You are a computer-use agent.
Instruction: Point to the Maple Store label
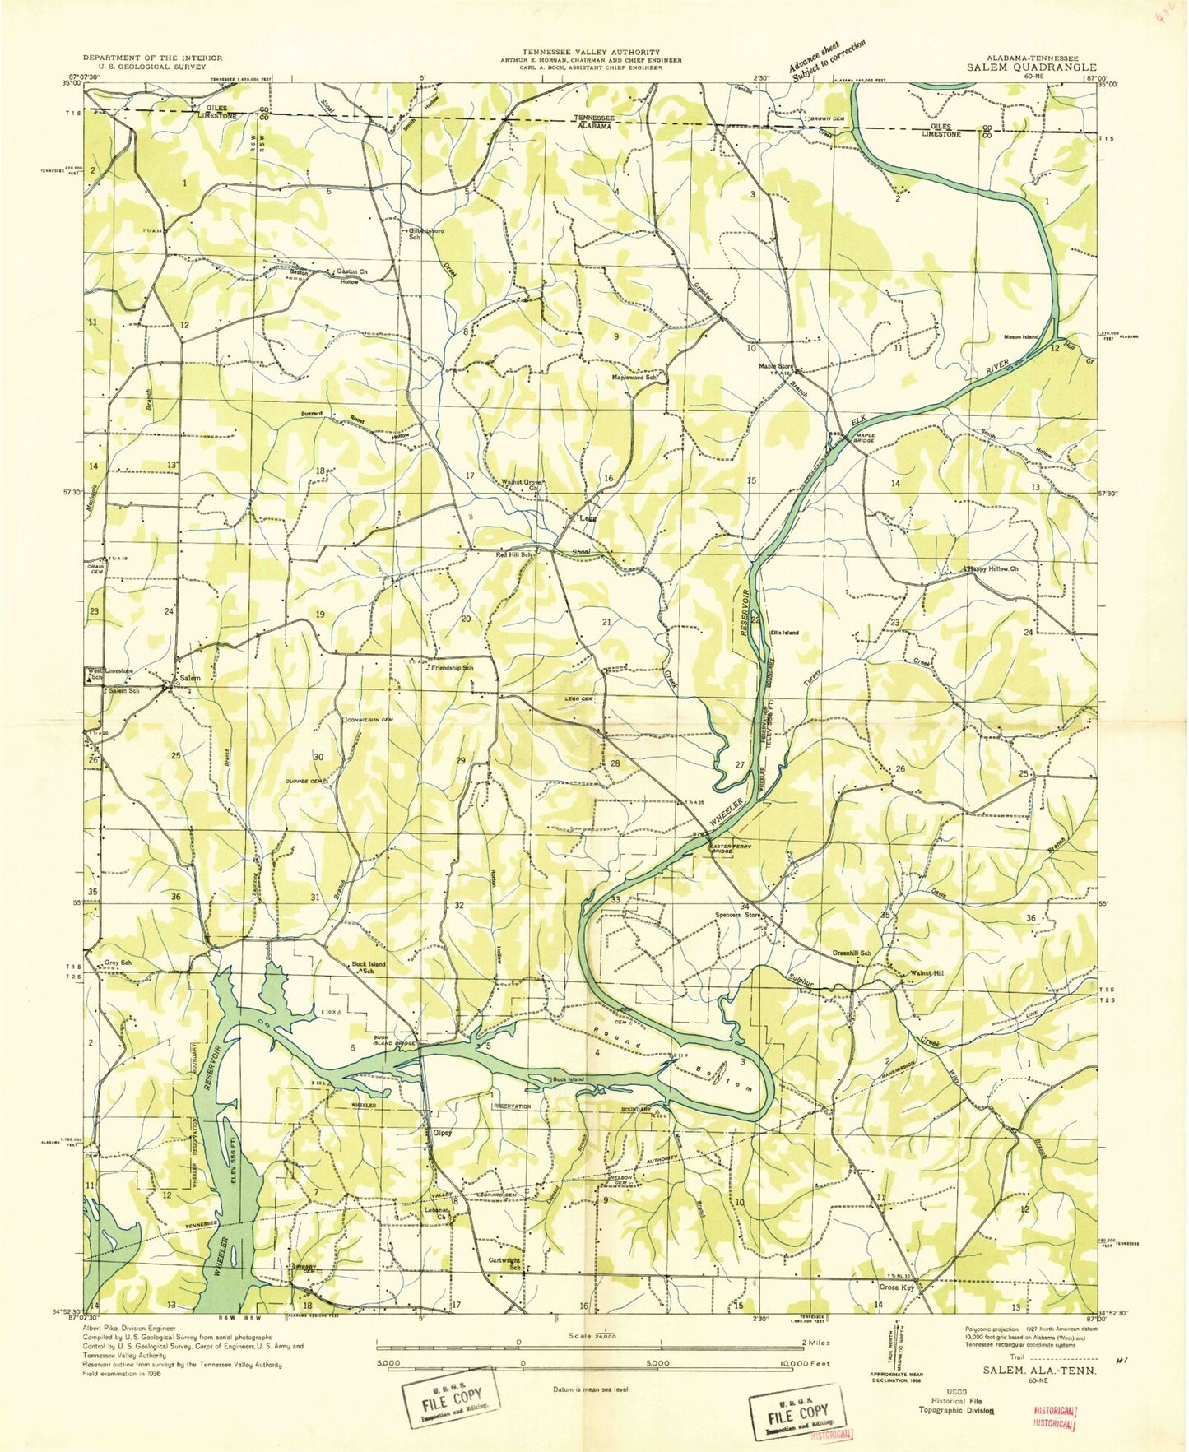click(775, 366)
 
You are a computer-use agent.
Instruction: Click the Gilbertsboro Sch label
click(426, 234)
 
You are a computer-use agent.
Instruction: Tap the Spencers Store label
click(736, 914)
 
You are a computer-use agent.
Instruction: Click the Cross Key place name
click(896, 1287)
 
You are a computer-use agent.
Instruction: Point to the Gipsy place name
click(443, 1132)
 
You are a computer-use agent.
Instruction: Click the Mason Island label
click(1021, 336)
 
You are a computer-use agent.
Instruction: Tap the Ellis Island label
click(784, 633)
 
